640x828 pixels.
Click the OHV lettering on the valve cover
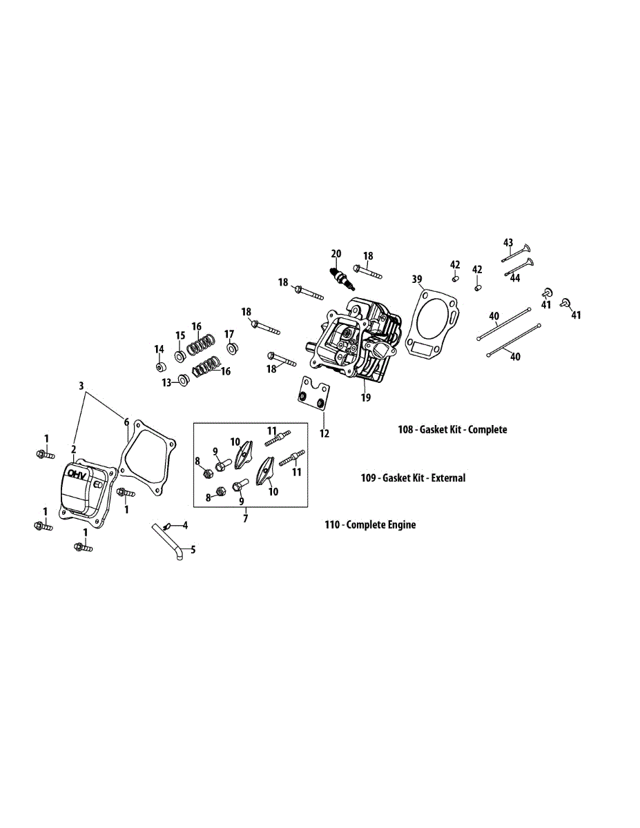(79, 476)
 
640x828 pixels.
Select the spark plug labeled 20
(342, 278)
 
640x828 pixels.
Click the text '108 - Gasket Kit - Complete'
(452, 429)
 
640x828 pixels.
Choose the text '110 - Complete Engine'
(371, 524)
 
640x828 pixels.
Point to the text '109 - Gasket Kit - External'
(414, 477)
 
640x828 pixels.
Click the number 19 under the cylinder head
(366, 397)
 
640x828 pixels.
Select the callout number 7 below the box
(245, 519)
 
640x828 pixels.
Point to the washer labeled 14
(159, 365)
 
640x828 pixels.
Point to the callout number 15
(180, 335)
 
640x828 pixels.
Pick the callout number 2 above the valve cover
(73, 448)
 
